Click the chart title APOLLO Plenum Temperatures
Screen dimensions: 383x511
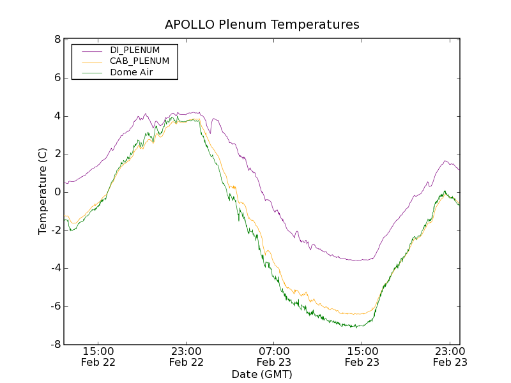tap(262, 25)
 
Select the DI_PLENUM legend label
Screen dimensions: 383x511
tap(135, 50)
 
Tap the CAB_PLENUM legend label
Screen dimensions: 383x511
tap(139, 61)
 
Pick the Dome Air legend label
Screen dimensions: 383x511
tap(132, 73)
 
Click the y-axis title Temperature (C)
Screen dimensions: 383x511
tap(43, 192)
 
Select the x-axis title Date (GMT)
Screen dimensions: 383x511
tap(262, 374)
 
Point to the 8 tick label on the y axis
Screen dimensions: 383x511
tap(57, 40)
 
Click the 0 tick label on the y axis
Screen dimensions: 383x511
tap(57, 192)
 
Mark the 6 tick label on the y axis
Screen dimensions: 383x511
tap(57, 78)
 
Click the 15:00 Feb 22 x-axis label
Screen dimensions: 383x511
tap(98, 356)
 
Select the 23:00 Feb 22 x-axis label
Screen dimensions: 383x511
tap(187, 356)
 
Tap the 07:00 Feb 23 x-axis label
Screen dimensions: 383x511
tap(274, 356)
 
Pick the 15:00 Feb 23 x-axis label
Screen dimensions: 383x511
tap(362, 356)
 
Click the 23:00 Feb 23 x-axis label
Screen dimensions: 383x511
tap(450, 356)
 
